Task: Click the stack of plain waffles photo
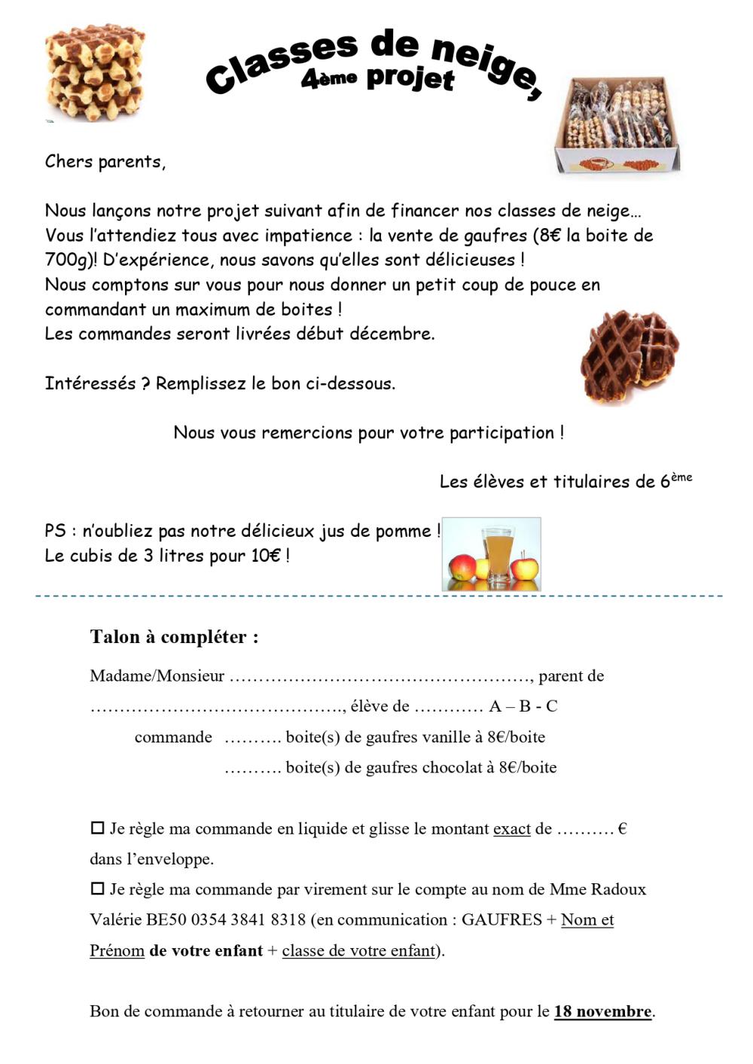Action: [x=95, y=72]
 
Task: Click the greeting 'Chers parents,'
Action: [x=105, y=162]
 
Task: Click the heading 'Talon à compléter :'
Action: [x=174, y=637]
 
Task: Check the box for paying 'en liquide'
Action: [x=97, y=828]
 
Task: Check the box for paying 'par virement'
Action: [x=97, y=889]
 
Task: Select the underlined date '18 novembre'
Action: [x=602, y=1011]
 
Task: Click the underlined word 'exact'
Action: [x=512, y=829]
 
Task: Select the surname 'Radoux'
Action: [x=618, y=889]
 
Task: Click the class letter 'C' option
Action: [x=551, y=706]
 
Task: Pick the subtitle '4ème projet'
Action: [x=377, y=78]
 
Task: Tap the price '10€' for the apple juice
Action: [x=266, y=556]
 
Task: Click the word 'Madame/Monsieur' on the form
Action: [x=157, y=676]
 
